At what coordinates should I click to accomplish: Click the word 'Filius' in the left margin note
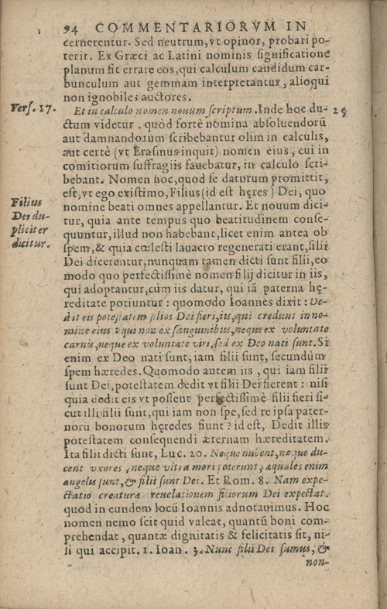[x=28, y=202]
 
